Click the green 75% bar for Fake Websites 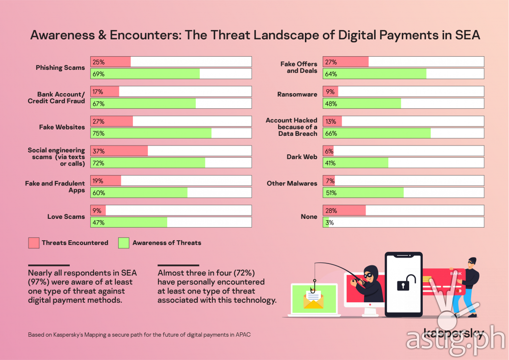tap(151, 133)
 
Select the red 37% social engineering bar tap(119, 151)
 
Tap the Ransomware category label tap(297, 95)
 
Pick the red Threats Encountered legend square tap(33, 243)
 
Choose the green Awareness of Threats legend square tap(124, 243)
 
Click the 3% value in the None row tap(329, 222)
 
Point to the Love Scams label tap(66, 217)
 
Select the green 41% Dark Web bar tap(356, 163)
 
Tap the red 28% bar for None tap(345, 211)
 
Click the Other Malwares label tap(292, 184)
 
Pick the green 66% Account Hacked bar tap(377, 133)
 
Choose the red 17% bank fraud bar tap(105, 92)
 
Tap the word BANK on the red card tap(456, 274)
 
